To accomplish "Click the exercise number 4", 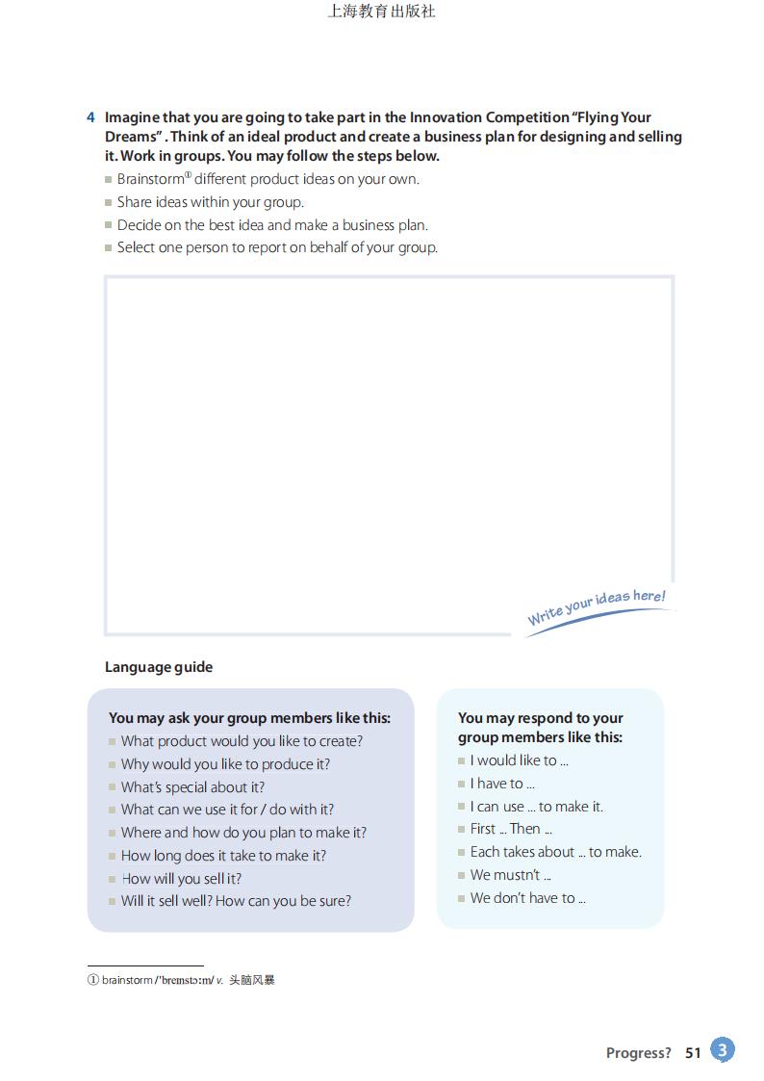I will click(90, 117).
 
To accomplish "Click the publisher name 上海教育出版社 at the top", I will click(382, 12).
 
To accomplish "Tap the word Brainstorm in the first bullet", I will click(150, 179).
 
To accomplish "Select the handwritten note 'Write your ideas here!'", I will click(597, 607).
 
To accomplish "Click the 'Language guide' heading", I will click(159, 667).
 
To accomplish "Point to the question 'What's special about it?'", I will click(192, 786).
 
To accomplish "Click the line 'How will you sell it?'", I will click(181, 878).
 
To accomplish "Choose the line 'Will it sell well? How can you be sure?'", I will click(236, 901).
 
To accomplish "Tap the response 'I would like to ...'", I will click(519, 760).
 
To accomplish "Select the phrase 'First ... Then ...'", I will click(511, 829).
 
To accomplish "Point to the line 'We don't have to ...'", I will click(527, 898).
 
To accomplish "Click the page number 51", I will click(693, 1053).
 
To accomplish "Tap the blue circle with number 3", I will click(723, 1049).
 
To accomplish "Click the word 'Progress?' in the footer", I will click(638, 1053).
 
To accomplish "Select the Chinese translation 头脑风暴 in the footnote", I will click(252, 981).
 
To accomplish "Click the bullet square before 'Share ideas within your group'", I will click(109, 203).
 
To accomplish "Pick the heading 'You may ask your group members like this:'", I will click(249, 718).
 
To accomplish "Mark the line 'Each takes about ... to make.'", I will click(555, 852).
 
